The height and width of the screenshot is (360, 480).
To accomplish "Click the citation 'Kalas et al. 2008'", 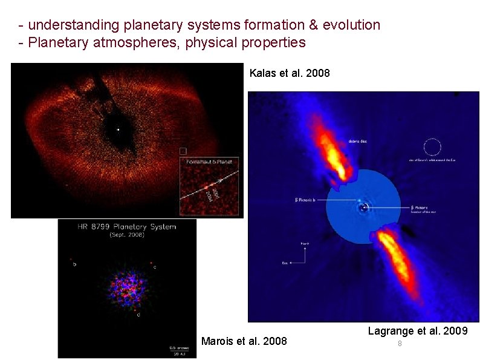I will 290,73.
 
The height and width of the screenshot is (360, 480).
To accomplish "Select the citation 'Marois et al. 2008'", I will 244,341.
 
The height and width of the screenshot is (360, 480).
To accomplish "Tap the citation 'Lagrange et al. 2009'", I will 417,331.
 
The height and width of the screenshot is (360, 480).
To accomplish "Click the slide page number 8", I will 400,344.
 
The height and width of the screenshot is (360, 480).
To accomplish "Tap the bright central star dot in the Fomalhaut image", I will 118,129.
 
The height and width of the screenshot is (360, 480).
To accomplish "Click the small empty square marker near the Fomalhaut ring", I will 183,151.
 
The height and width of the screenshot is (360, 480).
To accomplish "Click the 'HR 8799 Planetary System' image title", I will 127,227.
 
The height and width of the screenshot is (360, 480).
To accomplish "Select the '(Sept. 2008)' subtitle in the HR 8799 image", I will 127,235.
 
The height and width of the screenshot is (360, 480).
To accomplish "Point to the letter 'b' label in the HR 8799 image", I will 74,264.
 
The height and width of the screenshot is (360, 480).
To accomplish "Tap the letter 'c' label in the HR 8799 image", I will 155,267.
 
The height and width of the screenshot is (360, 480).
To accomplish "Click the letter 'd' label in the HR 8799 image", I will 140,315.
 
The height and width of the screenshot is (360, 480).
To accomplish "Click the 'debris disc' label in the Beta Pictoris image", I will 357,141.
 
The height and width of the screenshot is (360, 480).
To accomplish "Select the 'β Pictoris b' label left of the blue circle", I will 305,199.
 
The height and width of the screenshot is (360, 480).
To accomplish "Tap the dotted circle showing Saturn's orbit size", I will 432,147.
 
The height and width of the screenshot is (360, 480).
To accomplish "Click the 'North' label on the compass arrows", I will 306,243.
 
